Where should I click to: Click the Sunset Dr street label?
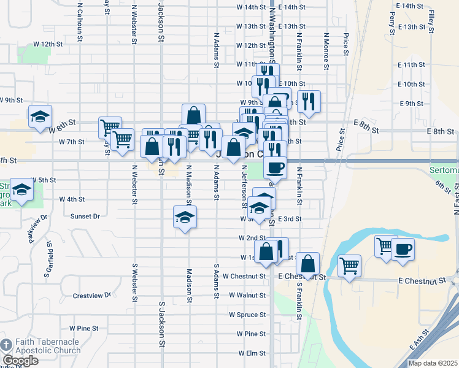click(85, 216)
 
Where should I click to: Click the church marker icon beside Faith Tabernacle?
click(6, 345)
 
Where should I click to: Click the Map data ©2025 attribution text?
click(431, 362)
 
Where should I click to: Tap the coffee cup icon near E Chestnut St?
click(403, 250)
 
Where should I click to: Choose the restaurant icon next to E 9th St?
click(309, 101)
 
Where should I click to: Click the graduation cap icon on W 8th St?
click(40, 117)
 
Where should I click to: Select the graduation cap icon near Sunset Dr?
click(185, 218)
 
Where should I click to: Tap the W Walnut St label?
click(247, 295)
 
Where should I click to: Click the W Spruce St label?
click(247, 315)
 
